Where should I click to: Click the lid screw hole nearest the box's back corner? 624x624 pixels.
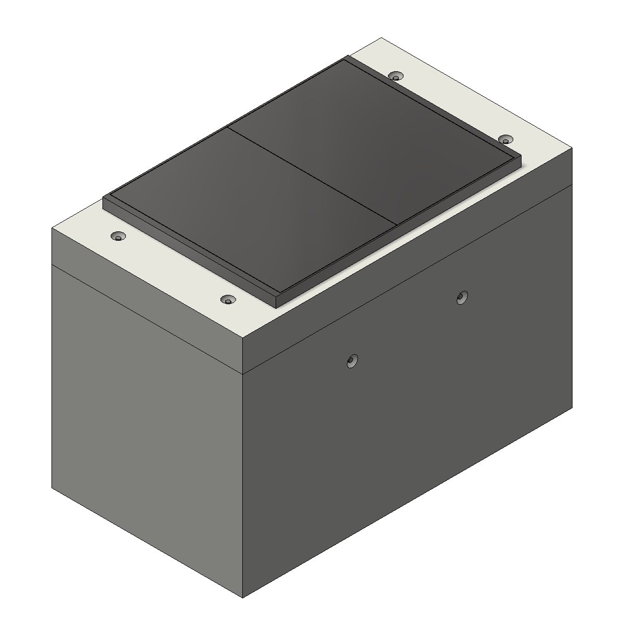coord(396,76)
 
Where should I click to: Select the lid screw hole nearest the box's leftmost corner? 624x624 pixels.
coord(119,237)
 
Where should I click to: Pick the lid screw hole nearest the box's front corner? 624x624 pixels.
coord(227,300)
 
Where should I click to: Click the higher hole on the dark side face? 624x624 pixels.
coord(461,297)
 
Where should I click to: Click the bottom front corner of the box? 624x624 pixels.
coord(243,597)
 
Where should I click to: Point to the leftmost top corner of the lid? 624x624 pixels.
coord(52,228)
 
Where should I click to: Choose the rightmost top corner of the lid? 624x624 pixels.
coord(572,149)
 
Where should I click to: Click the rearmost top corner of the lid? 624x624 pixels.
coord(382,38)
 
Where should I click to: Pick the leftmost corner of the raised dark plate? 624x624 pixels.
coord(104,198)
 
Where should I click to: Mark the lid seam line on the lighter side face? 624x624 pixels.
coord(146,317)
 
